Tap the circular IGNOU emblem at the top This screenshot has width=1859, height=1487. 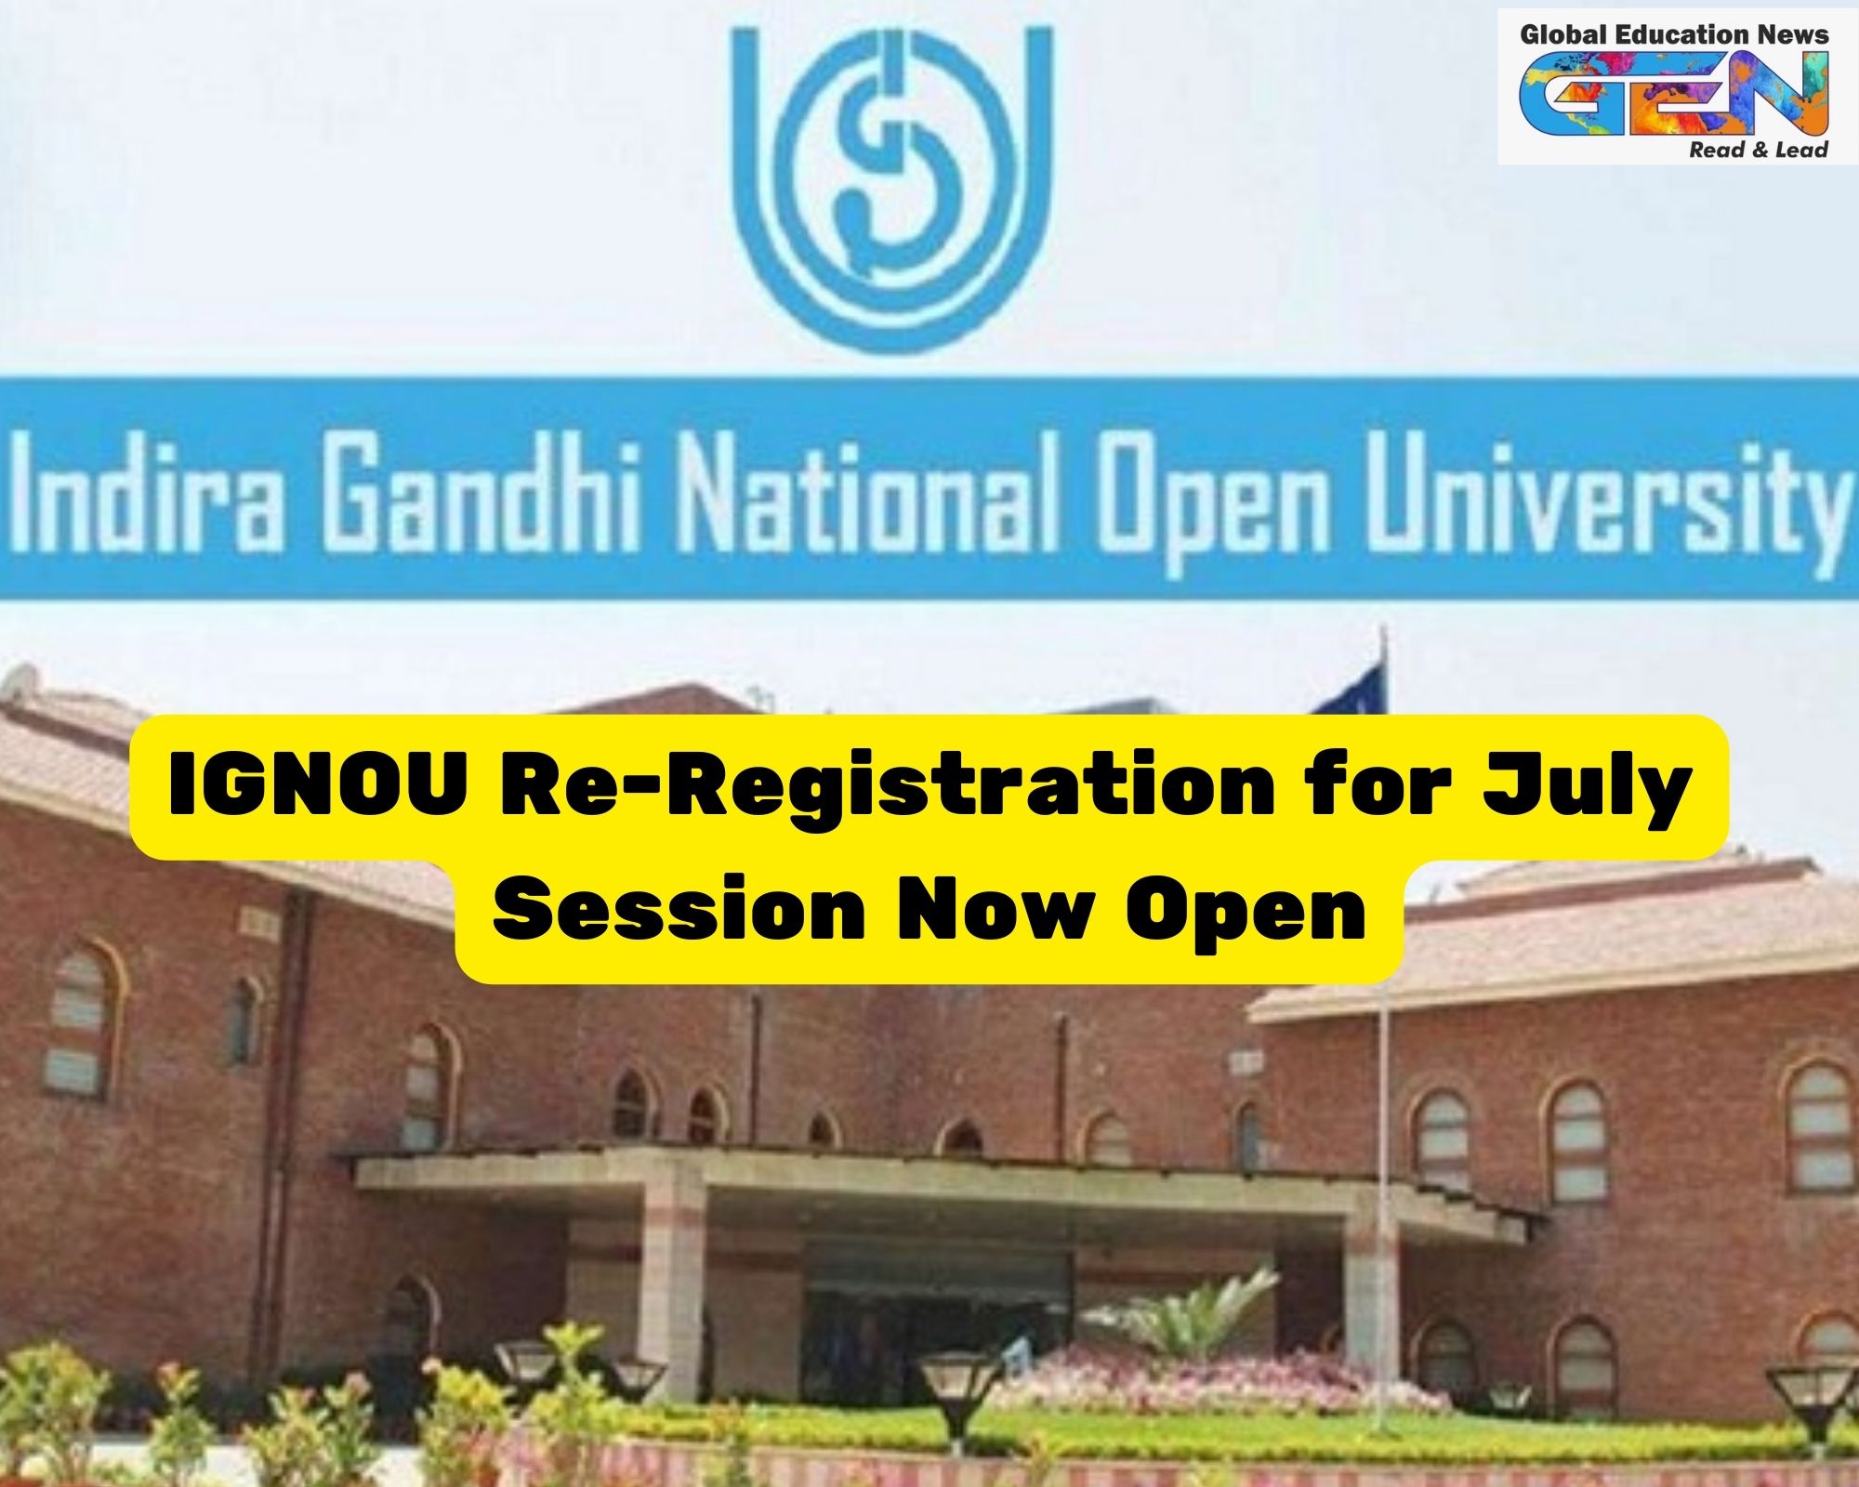pos(892,186)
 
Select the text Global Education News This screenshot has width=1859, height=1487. pos(1674,35)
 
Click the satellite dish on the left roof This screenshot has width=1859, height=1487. pos(19,683)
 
